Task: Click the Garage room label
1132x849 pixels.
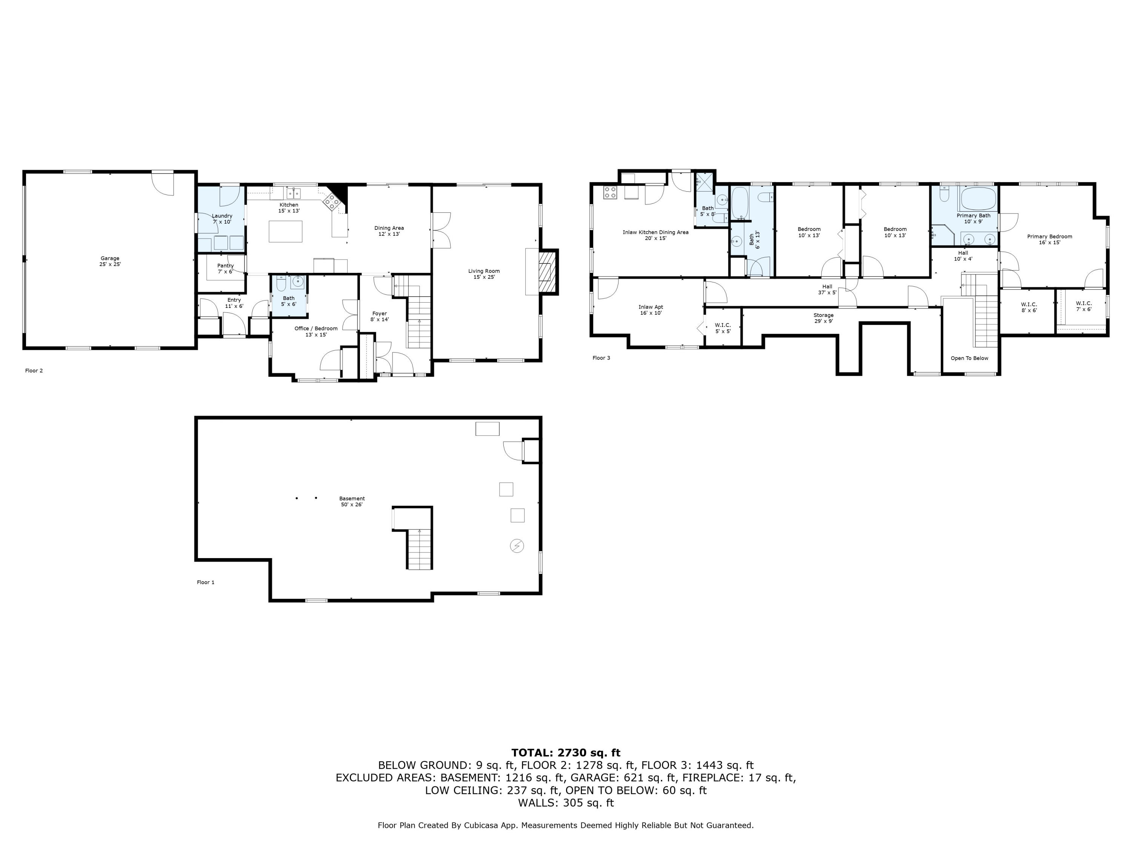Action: coord(110,261)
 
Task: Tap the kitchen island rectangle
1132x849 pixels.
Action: coord(286,231)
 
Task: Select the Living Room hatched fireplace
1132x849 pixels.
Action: coord(548,272)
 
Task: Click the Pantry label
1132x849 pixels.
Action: coord(225,269)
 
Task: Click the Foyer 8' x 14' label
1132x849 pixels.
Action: coord(379,316)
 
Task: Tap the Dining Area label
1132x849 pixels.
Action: coord(389,231)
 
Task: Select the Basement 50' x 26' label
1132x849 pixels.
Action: coord(352,501)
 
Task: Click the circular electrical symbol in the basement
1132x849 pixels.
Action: coord(517,546)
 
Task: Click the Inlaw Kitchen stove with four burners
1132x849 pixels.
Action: coord(610,192)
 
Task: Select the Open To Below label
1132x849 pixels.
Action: coord(969,358)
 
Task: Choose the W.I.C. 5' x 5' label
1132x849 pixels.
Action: coord(723,328)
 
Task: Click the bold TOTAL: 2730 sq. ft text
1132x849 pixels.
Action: coord(566,753)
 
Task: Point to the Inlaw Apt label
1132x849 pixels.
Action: coord(651,310)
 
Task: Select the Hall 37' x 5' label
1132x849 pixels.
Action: coord(827,290)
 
